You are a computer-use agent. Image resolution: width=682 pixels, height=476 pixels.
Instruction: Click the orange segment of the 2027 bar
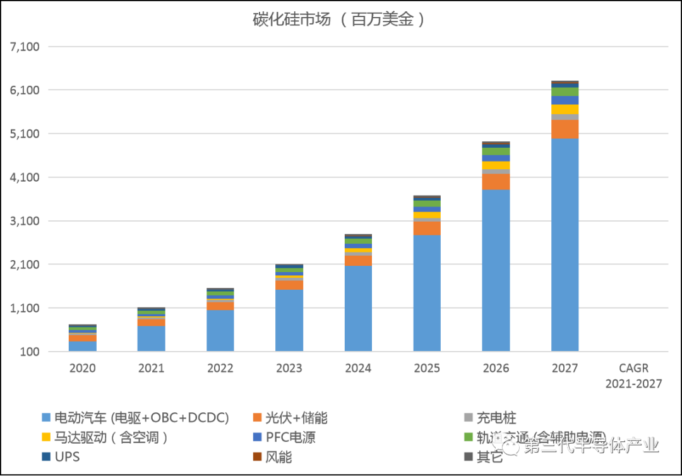(x=565, y=129)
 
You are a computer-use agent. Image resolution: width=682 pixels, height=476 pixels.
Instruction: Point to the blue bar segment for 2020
(x=82, y=346)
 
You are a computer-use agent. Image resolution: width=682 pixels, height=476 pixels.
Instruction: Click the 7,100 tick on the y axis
(x=25, y=47)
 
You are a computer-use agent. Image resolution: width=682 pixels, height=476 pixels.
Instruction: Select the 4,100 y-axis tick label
(x=25, y=177)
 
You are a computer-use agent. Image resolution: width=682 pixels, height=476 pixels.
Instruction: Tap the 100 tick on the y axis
(x=31, y=352)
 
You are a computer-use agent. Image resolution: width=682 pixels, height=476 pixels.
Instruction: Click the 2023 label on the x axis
(x=289, y=368)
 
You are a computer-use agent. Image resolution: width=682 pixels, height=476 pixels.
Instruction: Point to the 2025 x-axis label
(x=427, y=368)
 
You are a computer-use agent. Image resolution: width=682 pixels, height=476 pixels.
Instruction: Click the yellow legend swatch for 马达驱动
(x=45, y=437)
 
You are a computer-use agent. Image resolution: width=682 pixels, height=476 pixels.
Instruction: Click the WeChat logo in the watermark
(x=506, y=445)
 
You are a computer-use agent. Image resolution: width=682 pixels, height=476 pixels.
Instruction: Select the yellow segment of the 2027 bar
(x=565, y=109)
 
